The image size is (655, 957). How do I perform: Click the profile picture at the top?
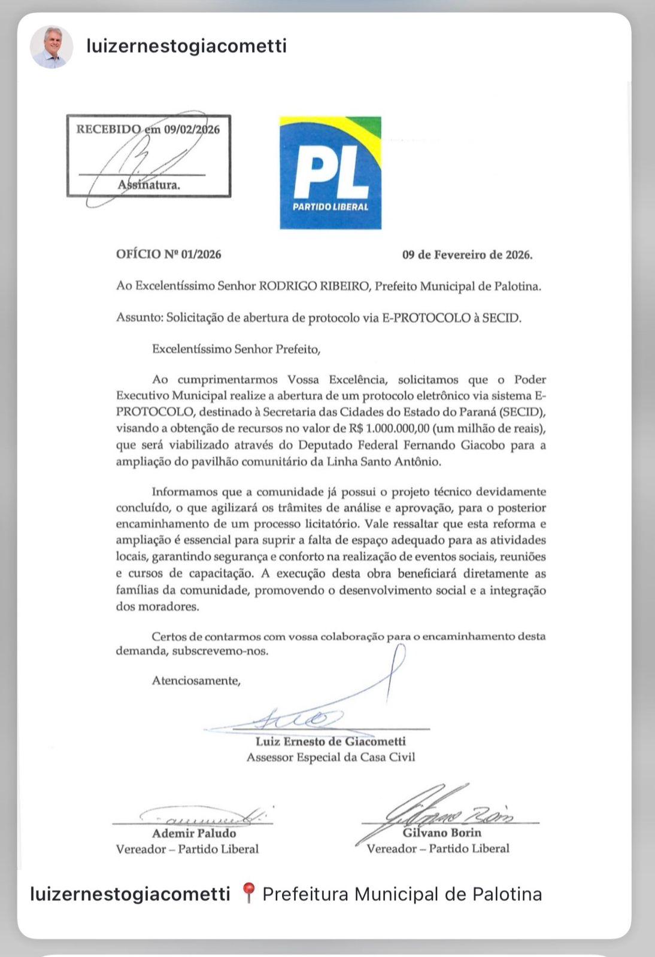pyautogui.click(x=51, y=47)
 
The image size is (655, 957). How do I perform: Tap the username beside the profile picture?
pyautogui.click(x=186, y=46)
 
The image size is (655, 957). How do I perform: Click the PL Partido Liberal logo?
pyautogui.click(x=330, y=173)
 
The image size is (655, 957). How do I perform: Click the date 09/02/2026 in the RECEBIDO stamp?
pyautogui.click(x=192, y=129)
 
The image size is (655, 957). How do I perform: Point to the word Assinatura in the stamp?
pyautogui.click(x=149, y=185)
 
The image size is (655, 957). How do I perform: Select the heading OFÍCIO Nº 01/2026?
pyautogui.click(x=169, y=254)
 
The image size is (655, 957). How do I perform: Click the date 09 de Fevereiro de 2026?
pyautogui.click(x=467, y=255)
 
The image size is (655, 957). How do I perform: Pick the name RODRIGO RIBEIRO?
pyautogui.click(x=315, y=287)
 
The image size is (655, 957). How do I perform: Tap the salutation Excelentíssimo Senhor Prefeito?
pyautogui.click(x=236, y=349)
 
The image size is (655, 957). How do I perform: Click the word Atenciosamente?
pyautogui.click(x=196, y=681)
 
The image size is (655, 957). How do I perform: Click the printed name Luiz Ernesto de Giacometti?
pyautogui.click(x=330, y=742)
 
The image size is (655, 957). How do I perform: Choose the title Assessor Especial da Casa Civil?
pyautogui.click(x=330, y=757)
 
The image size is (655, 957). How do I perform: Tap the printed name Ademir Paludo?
pyautogui.click(x=194, y=833)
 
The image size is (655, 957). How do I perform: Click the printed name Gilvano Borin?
pyautogui.click(x=442, y=833)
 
